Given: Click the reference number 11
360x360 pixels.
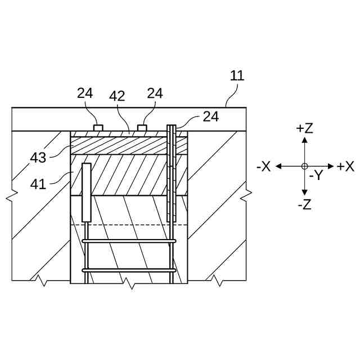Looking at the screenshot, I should pyautogui.click(x=237, y=76).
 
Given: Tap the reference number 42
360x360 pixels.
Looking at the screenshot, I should pyautogui.click(x=117, y=96).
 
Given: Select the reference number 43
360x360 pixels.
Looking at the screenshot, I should pyautogui.click(x=38, y=157).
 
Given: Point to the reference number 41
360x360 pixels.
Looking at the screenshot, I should pyautogui.click(x=38, y=183).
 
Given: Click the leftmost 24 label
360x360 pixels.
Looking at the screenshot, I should pyautogui.click(x=85, y=93).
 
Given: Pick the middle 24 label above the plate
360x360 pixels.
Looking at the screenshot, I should pyautogui.click(x=155, y=93).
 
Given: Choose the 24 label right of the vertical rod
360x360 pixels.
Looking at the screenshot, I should pyautogui.click(x=210, y=116).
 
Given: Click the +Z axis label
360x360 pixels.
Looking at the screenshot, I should pyautogui.click(x=304, y=128).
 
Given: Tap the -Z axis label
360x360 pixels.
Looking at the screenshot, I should pyautogui.click(x=304, y=205).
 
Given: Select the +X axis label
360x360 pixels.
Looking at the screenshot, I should pyautogui.click(x=345, y=166).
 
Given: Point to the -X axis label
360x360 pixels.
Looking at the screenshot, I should pyautogui.click(x=263, y=166).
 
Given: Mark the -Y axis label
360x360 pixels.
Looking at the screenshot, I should pyautogui.click(x=316, y=175).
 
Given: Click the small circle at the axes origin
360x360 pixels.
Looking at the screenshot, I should pyautogui.click(x=304, y=166).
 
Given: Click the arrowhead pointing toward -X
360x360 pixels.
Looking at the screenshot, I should pyautogui.click(x=278, y=166).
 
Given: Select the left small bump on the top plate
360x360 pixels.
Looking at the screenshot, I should pyautogui.click(x=98, y=128).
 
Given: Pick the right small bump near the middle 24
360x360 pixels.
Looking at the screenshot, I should pyautogui.click(x=142, y=128).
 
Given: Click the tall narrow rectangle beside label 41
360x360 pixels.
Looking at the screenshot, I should pyautogui.click(x=87, y=192).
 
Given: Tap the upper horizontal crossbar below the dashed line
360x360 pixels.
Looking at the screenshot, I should pyautogui.click(x=130, y=241).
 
